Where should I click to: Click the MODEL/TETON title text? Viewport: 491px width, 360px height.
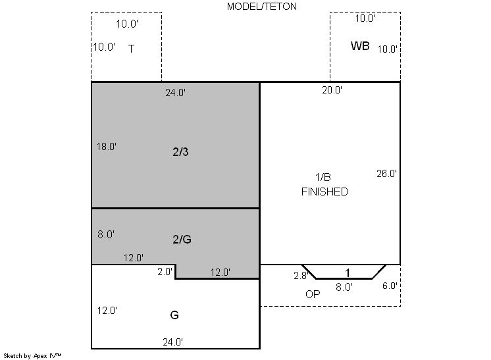point(262,7)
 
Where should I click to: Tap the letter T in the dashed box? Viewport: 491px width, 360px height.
point(131,49)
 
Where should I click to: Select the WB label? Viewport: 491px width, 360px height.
point(360,46)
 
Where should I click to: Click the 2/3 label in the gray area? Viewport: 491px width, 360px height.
point(180,152)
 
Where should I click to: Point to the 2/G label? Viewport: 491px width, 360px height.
point(182,240)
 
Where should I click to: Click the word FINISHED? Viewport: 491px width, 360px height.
point(324,192)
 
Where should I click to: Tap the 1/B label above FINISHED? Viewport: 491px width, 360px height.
point(323,177)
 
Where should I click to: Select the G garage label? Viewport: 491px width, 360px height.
point(174,315)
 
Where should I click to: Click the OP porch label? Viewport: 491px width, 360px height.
point(313,294)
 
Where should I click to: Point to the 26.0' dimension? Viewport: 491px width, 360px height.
point(386,174)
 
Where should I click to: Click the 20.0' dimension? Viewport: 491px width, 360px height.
point(332,90)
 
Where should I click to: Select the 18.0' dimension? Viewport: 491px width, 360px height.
point(107,147)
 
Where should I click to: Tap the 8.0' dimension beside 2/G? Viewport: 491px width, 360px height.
point(106,234)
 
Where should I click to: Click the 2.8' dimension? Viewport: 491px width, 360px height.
point(301,276)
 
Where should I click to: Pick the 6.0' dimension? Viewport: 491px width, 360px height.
point(390,286)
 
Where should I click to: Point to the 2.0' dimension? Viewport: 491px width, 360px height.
point(165,272)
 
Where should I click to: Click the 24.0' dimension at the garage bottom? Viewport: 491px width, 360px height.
point(173,342)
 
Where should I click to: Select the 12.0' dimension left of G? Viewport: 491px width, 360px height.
point(107,311)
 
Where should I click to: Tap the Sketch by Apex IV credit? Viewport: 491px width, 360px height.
point(32,356)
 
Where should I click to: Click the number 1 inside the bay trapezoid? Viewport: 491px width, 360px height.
point(348,273)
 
